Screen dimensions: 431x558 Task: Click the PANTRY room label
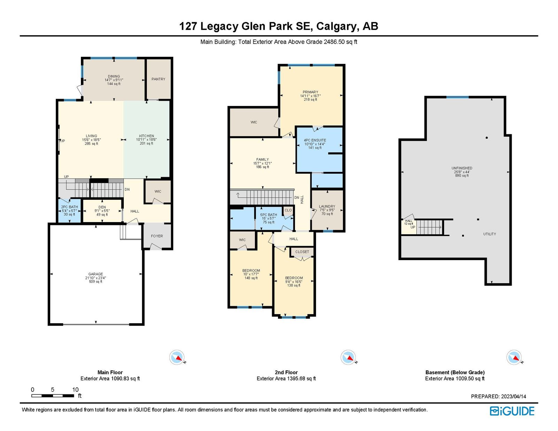(x=158, y=79)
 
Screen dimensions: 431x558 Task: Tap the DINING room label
(x=114, y=76)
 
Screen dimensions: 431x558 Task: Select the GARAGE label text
(x=96, y=274)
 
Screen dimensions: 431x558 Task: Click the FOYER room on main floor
(x=157, y=236)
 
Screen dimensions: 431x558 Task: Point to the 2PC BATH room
(x=69, y=210)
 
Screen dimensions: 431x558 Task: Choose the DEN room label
(x=102, y=207)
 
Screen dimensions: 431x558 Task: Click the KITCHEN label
(x=146, y=136)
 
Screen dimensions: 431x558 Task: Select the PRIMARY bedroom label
(x=310, y=92)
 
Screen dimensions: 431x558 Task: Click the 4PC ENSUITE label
(x=315, y=140)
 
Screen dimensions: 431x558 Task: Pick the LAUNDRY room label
(x=327, y=206)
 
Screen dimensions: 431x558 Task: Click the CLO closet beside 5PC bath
(x=288, y=210)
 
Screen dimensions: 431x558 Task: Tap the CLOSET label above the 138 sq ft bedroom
(x=302, y=252)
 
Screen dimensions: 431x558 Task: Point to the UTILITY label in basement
(x=489, y=234)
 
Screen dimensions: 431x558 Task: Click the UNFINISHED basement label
(x=462, y=168)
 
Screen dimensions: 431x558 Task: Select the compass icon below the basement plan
(x=514, y=357)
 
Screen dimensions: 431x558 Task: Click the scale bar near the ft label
(x=52, y=396)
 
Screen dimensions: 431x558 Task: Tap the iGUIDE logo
(x=512, y=411)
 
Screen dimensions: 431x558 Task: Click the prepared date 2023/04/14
(x=513, y=396)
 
